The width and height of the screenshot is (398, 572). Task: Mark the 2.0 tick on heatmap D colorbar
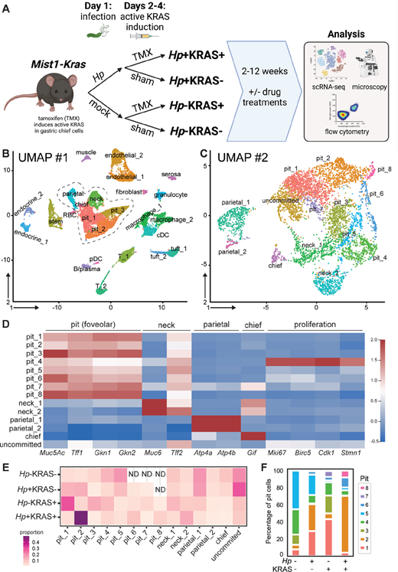click(380, 315)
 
